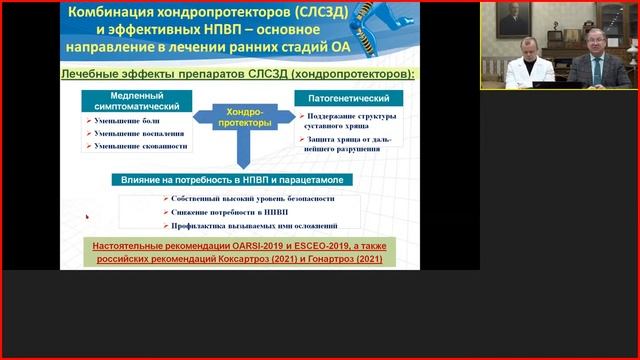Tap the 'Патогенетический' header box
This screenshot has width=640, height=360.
[348, 98]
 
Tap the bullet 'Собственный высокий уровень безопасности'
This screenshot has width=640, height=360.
[251, 200]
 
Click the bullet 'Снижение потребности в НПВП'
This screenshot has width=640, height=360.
[222, 213]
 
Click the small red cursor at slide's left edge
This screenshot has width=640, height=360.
[86, 216]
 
